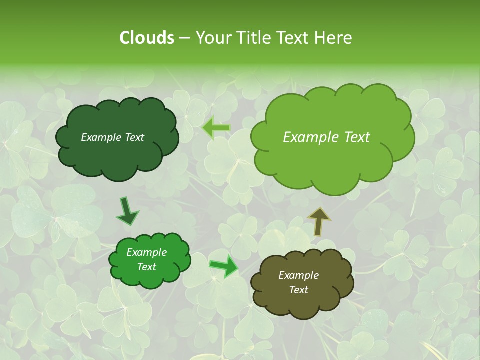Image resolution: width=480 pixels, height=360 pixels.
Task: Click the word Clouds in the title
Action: pyautogui.click(x=146, y=38)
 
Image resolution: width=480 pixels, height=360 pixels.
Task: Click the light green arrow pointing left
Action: pyautogui.click(x=216, y=128)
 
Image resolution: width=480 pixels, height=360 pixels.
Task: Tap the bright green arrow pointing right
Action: pyautogui.click(x=223, y=266)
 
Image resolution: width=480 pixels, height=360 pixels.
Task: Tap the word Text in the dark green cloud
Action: pyautogui.click(x=134, y=137)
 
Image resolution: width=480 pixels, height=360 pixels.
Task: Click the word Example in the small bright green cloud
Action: pyautogui.click(x=146, y=252)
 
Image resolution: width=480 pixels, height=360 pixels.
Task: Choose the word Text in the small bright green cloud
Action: pyautogui.click(x=146, y=267)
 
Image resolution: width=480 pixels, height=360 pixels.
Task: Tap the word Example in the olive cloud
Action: pyautogui.click(x=298, y=275)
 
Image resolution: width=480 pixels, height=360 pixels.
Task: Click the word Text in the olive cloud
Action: pyautogui.click(x=298, y=290)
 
